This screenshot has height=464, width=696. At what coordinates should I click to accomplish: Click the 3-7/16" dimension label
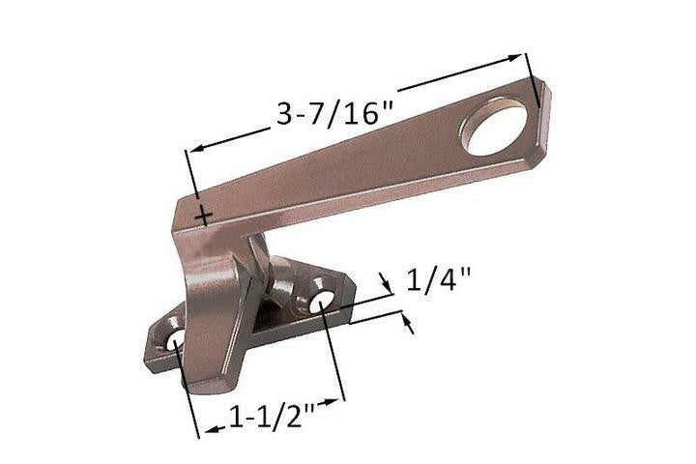click(x=333, y=114)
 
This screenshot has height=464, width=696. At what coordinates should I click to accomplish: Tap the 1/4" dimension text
click(x=438, y=280)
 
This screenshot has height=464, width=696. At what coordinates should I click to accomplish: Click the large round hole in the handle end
click(x=494, y=127)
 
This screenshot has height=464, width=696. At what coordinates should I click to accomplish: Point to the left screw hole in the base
click(x=175, y=341)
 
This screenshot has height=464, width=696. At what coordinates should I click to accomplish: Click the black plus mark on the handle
click(x=202, y=216)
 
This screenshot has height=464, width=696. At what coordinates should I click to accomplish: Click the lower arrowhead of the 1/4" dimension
click(x=407, y=325)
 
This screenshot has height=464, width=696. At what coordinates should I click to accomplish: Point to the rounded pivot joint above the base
click(x=280, y=285)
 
